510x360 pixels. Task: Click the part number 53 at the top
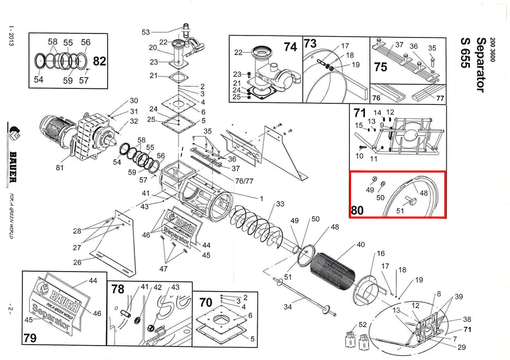pos(146,32)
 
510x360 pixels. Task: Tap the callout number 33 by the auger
pos(280,204)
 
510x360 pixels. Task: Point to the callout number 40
pos(360,244)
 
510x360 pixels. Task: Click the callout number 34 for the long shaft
pos(288,307)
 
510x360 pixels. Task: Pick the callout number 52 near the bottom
pos(362,325)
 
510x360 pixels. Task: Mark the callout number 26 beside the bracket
pos(77,262)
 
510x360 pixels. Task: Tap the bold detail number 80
pos(357,210)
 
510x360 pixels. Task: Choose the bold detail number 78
pos(118,290)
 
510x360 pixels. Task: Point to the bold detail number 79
pos(30,338)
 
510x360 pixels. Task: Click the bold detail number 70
pos(205,302)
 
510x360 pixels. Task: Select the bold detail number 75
pos(380,67)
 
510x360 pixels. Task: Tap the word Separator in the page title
pos(480,65)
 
